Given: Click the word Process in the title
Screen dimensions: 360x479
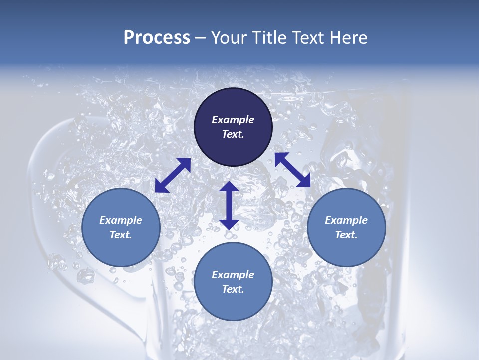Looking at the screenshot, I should [x=157, y=38].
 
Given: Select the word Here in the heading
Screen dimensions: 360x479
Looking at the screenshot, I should [x=348, y=38].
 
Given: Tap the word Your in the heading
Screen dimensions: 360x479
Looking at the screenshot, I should [x=228, y=38].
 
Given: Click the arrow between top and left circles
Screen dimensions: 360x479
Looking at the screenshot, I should [x=173, y=175].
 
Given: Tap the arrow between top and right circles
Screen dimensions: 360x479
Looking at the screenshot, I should [x=293, y=170].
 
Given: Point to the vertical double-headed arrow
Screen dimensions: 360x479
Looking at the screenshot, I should [x=229, y=205].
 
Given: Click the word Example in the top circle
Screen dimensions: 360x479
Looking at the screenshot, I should [x=233, y=120].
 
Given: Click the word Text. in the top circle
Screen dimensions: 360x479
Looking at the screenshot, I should [x=233, y=134].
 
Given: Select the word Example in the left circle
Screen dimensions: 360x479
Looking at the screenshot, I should [x=121, y=220].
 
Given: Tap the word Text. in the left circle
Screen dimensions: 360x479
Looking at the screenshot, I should [x=121, y=235].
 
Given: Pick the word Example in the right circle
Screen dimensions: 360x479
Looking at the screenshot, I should [x=346, y=220].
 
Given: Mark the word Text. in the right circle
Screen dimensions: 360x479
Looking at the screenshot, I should [x=346, y=235].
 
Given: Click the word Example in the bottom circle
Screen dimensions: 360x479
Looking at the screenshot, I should [x=233, y=275].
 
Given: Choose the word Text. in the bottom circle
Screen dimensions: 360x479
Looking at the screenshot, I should [x=233, y=289].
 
